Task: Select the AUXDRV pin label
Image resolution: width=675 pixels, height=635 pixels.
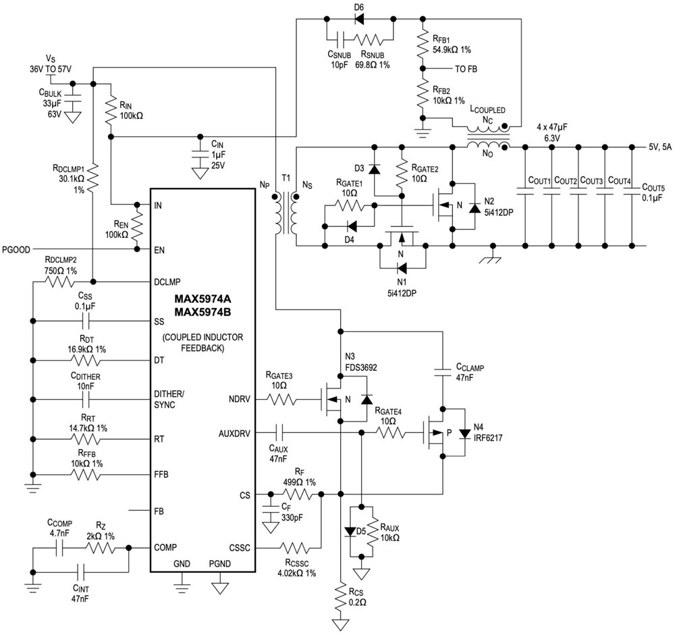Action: tap(234, 430)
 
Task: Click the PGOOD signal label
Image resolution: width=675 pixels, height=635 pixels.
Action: tap(16, 249)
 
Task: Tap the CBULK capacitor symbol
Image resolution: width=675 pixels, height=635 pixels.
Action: tap(73, 99)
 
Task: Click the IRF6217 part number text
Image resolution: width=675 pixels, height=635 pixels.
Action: tap(487, 437)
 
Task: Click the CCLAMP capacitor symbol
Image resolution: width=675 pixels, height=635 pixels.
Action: tap(443, 370)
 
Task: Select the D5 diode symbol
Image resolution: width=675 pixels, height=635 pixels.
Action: tap(349, 531)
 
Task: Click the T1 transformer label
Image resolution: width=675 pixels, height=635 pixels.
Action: tap(286, 178)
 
